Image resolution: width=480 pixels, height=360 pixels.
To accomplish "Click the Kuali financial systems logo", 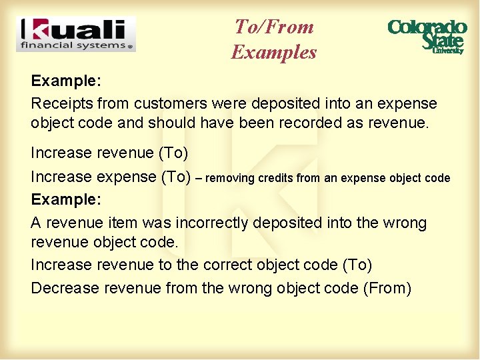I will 75,34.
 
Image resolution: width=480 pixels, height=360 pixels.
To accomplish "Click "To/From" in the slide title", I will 274,27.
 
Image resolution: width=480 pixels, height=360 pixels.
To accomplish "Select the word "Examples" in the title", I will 274,51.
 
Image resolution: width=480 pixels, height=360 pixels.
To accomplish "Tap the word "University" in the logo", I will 447,50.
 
